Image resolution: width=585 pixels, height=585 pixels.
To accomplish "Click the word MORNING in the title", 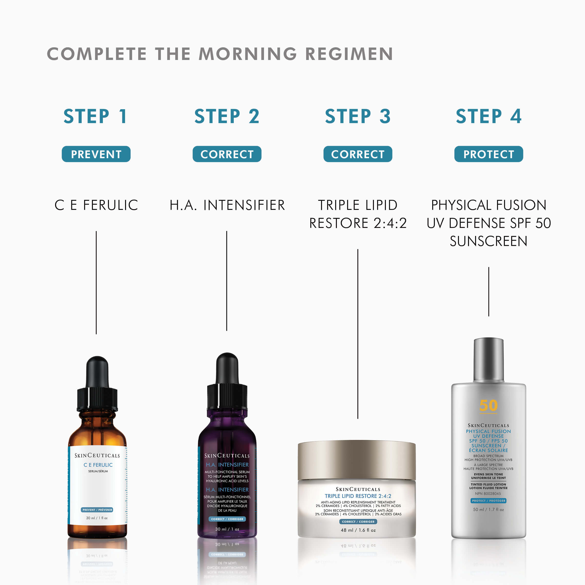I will (x=247, y=54).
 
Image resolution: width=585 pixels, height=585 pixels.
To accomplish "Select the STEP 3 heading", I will (x=358, y=116).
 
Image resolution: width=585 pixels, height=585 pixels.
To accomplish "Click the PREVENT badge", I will (x=96, y=154).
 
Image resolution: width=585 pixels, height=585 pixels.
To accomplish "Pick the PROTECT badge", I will (x=488, y=154).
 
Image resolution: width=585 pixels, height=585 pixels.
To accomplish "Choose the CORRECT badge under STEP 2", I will (x=227, y=154).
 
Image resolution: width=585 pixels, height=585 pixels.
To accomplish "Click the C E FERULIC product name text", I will (x=96, y=205).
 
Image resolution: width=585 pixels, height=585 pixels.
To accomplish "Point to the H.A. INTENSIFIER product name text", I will (x=227, y=205).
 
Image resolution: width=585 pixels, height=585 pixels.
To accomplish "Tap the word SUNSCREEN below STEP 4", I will (x=488, y=241).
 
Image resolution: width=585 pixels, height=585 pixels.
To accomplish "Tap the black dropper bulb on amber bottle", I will (x=97, y=372).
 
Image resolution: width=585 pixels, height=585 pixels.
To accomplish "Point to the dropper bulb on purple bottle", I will (x=227, y=368).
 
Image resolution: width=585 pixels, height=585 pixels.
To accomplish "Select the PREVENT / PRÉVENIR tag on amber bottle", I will (x=97, y=510).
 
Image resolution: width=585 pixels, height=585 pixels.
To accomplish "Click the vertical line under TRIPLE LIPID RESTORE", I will (x=358, y=333).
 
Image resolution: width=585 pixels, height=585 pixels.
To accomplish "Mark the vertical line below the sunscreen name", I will (x=488, y=291).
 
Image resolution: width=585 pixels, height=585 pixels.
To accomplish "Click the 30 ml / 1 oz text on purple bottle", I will (x=227, y=529).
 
